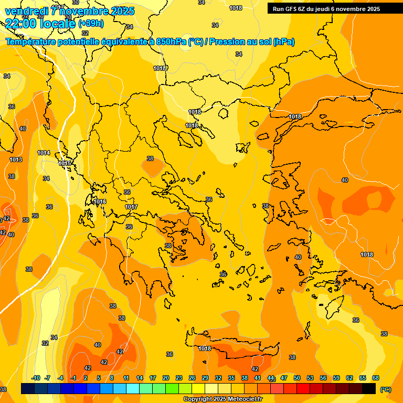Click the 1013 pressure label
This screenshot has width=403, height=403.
pyautogui.click(x=16, y=160)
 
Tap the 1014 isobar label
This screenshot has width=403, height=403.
pyautogui.click(x=44, y=153)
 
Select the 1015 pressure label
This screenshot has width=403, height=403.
pyautogui.click(x=65, y=163)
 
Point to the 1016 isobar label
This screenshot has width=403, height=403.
pyautogui.click(x=100, y=201)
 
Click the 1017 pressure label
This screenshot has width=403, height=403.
pyautogui.click(x=131, y=207)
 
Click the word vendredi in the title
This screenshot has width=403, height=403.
pyautogui.click(x=26, y=11)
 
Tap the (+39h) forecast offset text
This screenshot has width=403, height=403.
pyautogui.click(x=91, y=24)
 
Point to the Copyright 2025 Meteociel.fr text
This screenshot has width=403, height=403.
pyautogui.click(x=222, y=399)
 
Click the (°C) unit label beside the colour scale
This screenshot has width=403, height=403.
pyautogui.click(x=385, y=389)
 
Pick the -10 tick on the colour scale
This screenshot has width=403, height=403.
pyautogui.click(x=36, y=378)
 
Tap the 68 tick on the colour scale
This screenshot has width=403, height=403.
pyautogui.click(x=376, y=378)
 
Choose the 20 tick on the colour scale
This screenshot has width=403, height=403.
pyautogui.click(x=166, y=378)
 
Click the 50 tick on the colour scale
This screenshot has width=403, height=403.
pyautogui.click(x=297, y=378)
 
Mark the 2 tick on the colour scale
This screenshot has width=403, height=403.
pyautogui.click(x=86, y=378)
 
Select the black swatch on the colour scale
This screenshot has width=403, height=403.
pyautogui.click(x=369, y=388)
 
